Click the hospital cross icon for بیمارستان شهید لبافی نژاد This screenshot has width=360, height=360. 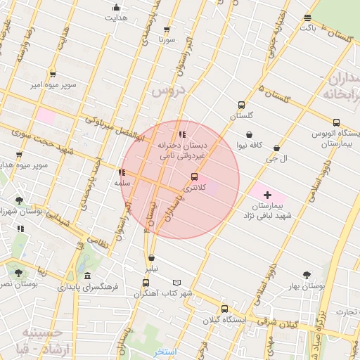click(267, 194)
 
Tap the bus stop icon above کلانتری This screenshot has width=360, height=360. click(194, 176)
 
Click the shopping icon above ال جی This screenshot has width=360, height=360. click(276, 148)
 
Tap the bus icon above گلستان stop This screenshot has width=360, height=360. click(242, 105)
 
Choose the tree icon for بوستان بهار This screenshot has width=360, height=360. click(307, 275)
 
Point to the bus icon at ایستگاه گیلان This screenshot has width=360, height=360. click(224, 309)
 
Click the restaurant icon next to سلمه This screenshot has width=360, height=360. click(122, 172)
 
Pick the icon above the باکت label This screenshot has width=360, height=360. click(307, 18)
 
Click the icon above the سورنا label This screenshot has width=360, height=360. click(167, 30)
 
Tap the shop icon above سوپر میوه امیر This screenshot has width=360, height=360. click(53, 74)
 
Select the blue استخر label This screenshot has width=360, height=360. click(165, 351)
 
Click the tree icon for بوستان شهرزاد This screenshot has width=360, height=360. click(19, 200)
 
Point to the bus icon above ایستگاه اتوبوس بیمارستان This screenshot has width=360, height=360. click(336, 122)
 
